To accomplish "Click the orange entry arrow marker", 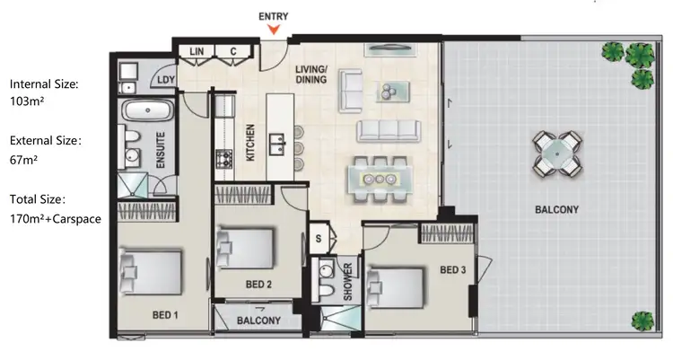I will [x=274, y=31].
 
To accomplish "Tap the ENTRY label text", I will [x=274, y=16].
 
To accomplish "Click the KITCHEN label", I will [x=252, y=142].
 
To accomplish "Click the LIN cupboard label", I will [x=197, y=52].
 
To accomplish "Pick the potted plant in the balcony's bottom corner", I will [x=642, y=320].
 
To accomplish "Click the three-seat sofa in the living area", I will [x=388, y=131].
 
